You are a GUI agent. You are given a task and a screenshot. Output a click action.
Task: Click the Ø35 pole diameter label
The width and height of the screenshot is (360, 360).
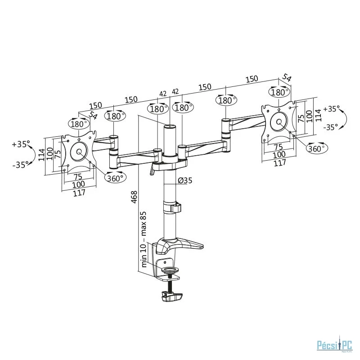185,180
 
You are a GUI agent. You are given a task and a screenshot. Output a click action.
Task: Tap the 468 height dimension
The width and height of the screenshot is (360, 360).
134,197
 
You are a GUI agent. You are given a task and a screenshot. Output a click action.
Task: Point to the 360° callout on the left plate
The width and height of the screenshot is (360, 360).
115,178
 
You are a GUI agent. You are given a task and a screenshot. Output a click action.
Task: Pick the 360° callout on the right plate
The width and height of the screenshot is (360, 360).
317,148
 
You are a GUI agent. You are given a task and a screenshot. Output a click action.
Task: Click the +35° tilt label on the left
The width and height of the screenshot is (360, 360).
21,144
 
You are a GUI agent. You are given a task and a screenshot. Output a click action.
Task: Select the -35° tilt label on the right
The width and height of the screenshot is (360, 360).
331,127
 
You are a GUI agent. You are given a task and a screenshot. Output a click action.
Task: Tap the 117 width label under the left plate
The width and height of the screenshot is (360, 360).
79,193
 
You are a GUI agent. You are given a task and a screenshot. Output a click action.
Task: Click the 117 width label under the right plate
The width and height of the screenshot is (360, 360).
280,163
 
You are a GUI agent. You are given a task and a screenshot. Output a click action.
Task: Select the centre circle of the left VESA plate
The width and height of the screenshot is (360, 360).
79,152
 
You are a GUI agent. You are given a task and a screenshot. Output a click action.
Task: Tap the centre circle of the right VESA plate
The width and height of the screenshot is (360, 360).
279,122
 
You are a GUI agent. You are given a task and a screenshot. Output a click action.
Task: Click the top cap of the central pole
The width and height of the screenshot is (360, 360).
170,126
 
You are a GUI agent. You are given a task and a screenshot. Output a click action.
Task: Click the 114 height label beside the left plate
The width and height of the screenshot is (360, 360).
41,155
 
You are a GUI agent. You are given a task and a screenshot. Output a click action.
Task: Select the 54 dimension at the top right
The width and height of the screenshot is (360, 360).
287,77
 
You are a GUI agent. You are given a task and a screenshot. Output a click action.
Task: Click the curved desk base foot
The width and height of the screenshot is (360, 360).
180,246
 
